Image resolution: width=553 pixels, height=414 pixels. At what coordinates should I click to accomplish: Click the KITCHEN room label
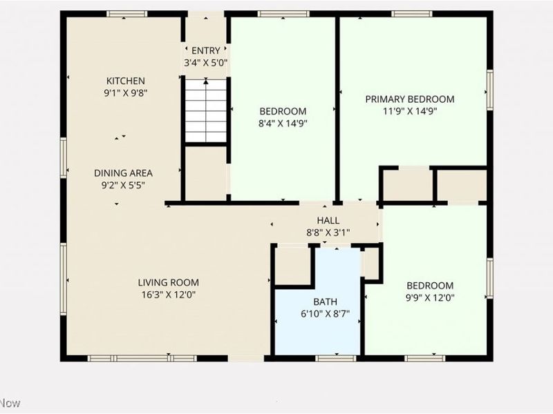(125, 81)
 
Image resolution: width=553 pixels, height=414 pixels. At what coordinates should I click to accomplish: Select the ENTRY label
(205, 50)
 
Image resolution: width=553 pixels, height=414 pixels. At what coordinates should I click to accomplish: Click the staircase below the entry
(205, 110)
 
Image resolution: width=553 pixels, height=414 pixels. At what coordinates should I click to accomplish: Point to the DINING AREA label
(123, 173)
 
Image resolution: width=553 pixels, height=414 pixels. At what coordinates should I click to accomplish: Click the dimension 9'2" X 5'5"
(123, 185)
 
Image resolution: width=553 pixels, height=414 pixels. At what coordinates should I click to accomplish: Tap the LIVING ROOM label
(168, 282)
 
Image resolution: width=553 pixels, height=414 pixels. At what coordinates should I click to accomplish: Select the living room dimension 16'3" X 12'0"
(168, 294)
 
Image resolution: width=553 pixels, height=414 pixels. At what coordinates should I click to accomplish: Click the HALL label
(328, 220)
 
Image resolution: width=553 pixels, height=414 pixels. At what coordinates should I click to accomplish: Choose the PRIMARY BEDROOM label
(410, 99)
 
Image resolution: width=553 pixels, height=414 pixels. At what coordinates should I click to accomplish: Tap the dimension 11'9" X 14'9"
(410, 110)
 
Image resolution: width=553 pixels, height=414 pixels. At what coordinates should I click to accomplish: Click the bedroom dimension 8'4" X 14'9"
(283, 124)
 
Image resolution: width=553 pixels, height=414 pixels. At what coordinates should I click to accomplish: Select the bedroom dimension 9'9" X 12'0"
(429, 297)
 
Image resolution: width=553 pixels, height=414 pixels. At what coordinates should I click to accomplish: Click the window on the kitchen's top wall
(126, 14)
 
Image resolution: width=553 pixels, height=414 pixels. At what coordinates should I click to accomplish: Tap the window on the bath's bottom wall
(335, 358)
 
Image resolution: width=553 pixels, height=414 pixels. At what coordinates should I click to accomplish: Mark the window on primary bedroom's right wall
(489, 90)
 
